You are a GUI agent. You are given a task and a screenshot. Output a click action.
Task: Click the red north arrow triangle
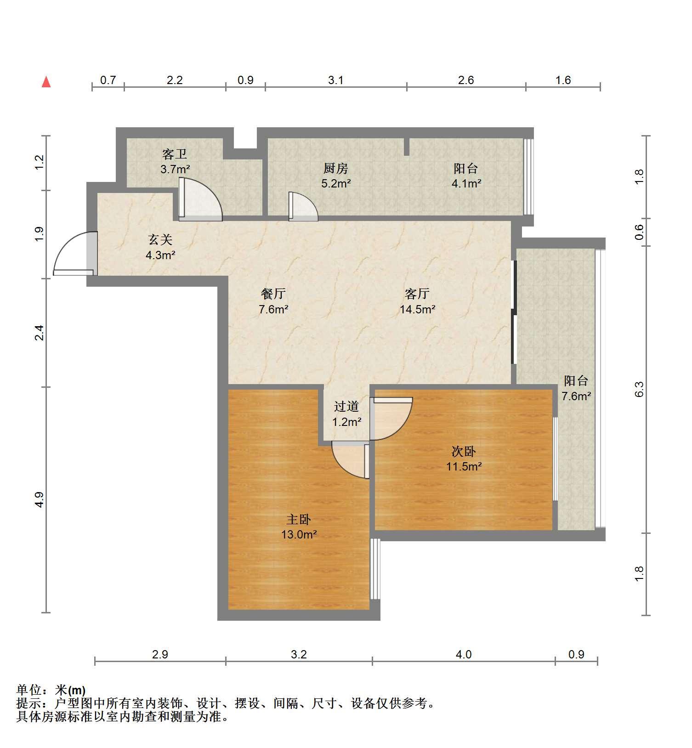pyautogui.click(x=46, y=82)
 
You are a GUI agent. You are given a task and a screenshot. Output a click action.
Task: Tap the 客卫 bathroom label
pyautogui.click(x=175, y=154)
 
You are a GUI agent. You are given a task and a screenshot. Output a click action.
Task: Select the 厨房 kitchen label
pyautogui.click(x=336, y=169)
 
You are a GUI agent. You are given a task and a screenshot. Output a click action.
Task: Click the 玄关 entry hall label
pyautogui.click(x=160, y=240)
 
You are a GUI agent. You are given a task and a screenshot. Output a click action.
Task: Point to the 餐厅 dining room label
pyautogui.click(x=273, y=294)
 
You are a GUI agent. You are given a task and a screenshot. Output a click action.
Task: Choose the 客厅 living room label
pyautogui.click(x=417, y=294)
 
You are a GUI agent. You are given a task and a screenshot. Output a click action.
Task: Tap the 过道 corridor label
pyautogui.click(x=346, y=407)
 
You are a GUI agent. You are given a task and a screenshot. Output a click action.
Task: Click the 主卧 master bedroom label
pyautogui.click(x=299, y=520)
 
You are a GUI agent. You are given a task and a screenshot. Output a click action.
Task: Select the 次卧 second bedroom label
pyautogui.click(x=464, y=452)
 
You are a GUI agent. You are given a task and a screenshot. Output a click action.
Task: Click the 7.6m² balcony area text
pyautogui.click(x=576, y=396)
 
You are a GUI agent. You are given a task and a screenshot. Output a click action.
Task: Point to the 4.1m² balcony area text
pyautogui.click(x=466, y=184)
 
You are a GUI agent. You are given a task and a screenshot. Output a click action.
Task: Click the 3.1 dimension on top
pyautogui.click(x=336, y=80)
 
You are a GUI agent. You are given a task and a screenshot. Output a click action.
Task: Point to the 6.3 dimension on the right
pyautogui.click(x=639, y=389)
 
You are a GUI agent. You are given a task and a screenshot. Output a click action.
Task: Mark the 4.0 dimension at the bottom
pyautogui.click(x=464, y=654)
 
